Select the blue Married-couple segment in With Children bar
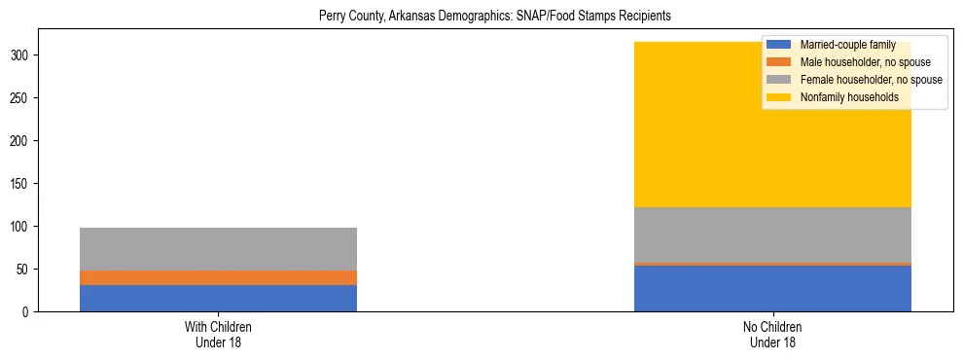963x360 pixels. click(218, 298)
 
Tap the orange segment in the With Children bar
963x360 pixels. click(218, 277)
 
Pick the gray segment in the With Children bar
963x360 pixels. click(218, 249)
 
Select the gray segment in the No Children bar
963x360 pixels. click(772, 234)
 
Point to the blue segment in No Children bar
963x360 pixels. click(772, 289)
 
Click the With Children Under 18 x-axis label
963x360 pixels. click(218, 334)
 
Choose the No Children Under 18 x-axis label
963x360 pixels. click(772, 334)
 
